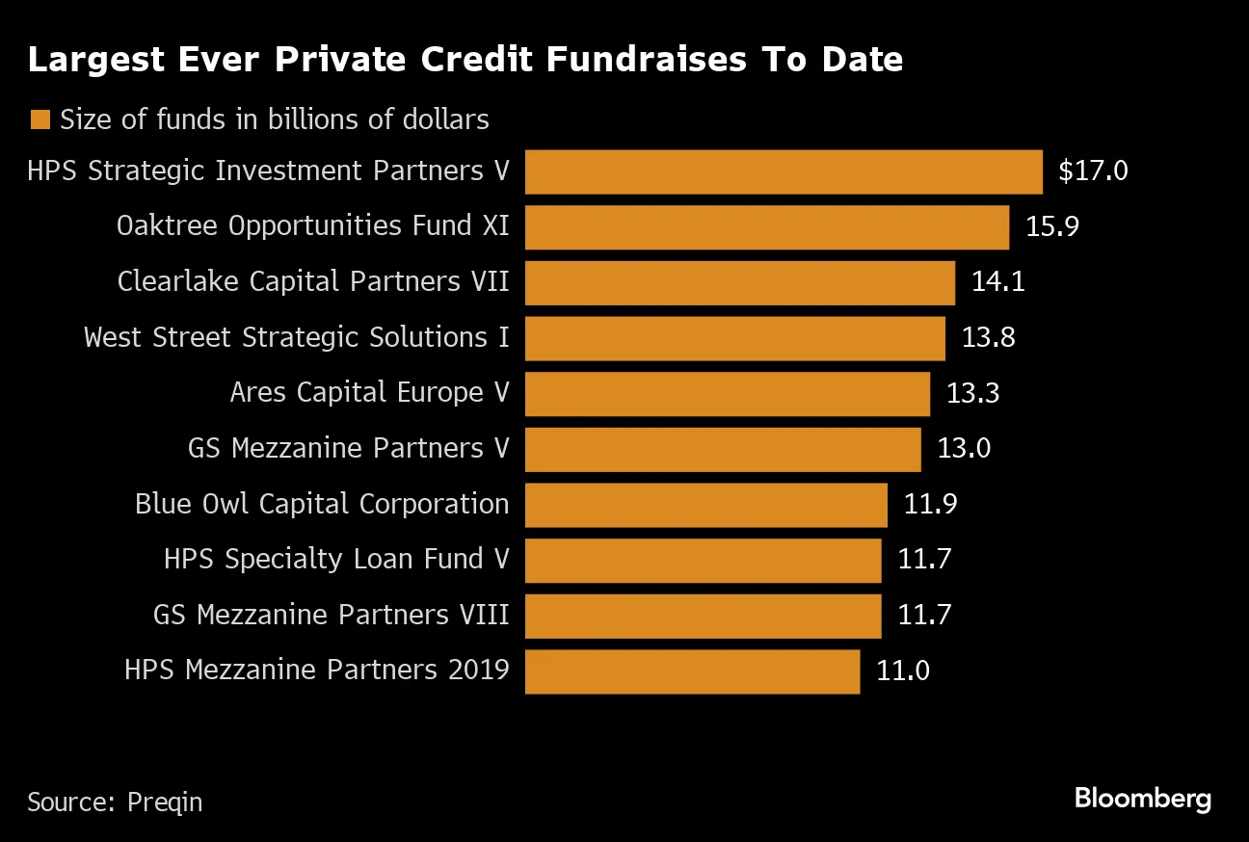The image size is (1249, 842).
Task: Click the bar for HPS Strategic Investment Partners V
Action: coord(784,171)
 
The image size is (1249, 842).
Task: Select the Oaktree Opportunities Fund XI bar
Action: coord(767,227)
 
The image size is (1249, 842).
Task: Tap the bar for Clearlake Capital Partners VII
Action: coord(740,282)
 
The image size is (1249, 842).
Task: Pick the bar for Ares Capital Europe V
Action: coord(728,394)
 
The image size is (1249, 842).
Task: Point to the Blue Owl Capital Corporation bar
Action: coord(706,505)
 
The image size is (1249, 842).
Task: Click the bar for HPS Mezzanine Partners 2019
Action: coord(692,671)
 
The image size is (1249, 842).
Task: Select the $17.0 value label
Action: coord(1092,171)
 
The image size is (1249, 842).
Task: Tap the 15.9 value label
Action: coord(1052,227)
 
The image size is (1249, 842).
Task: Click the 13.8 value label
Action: coord(988,338)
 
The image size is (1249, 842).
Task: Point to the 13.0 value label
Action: coord(963,449)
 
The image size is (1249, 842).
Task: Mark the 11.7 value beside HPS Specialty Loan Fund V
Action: coord(924,560)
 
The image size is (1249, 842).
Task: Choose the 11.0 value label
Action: coord(903,671)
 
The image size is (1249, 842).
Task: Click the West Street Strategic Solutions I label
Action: coord(296,338)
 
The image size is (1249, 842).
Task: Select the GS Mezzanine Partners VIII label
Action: coord(331,616)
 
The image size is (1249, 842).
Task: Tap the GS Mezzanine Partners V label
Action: coord(348,449)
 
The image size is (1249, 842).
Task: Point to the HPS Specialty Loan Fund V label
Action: coord(336,560)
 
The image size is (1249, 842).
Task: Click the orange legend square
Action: coord(40,119)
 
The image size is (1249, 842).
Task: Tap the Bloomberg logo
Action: coord(1142,799)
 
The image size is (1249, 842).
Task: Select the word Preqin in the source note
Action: coord(165,802)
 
